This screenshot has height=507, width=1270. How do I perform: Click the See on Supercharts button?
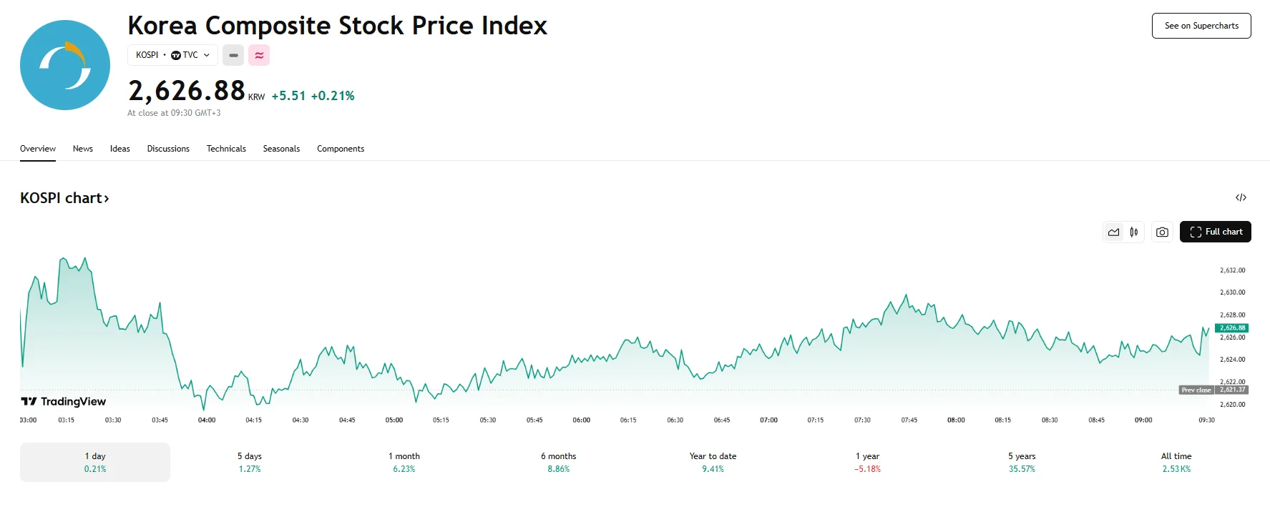[1201, 26]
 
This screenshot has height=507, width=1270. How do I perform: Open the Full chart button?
[1215, 232]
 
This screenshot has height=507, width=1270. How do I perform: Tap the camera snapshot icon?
[1162, 232]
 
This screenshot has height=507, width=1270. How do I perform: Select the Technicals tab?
[226, 149]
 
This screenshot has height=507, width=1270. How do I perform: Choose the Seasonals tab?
[281, 149]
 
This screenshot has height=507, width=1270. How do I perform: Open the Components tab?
[341, 149]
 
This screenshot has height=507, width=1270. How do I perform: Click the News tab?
[83, 149]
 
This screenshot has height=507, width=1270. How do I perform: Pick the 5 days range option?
[250, 462]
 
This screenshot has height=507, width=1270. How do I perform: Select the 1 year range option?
[867, 462]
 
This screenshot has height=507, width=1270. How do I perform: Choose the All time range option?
[1176, 462]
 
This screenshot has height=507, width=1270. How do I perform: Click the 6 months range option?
[559, 462]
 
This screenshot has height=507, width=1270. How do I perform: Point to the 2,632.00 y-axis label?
[1232, 270]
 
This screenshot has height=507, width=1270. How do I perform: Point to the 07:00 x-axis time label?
[768, 420]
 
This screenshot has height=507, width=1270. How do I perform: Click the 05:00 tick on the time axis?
[394, 420]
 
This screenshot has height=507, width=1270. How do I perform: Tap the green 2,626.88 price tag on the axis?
[1232, 328]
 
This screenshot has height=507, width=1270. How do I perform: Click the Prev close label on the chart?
[1196, 390]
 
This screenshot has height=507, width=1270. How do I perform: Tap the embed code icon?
[1241, 197]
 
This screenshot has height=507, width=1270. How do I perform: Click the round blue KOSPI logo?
[65, 65]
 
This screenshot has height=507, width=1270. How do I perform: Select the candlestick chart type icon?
[1134, 232]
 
